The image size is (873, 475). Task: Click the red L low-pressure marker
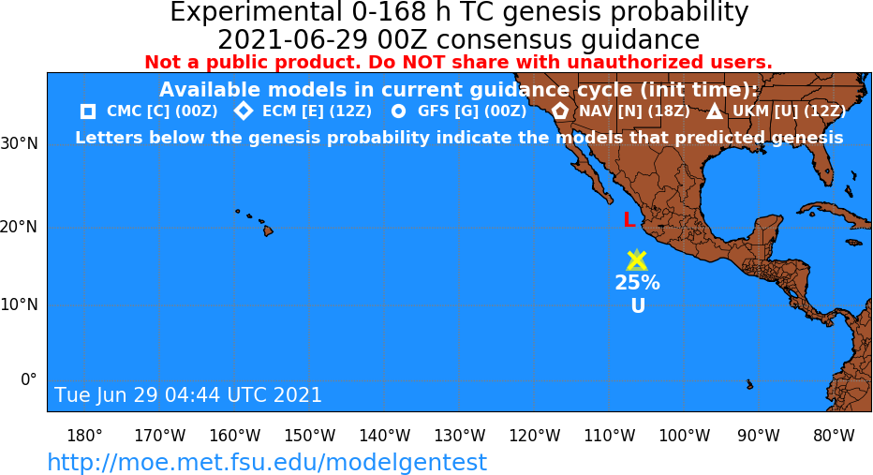coord(629,220)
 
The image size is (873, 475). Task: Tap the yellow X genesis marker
coord(636,260)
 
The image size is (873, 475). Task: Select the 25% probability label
coord(638,283)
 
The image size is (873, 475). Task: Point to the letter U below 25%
coord(638,305)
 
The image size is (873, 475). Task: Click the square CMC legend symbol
coord(87,111)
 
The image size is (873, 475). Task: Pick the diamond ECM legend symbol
coord(244,111)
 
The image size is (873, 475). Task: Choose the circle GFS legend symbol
coord(399,111)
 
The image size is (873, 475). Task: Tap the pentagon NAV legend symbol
coord(560,111)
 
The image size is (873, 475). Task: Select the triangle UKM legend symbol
coord(715,111)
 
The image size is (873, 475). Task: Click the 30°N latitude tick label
coord(20,144)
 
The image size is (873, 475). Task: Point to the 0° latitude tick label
coord(29,379)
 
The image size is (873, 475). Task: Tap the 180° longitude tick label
coord(84,436)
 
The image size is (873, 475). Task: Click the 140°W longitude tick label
coord(385,436)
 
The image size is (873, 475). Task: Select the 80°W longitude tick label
coord(834,436)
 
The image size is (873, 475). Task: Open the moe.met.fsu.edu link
coord(267,462)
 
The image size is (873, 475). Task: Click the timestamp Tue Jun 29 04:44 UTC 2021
coord(188,394)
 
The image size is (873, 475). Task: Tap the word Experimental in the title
coord(256,12)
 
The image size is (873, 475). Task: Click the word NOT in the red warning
coord(425,63)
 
